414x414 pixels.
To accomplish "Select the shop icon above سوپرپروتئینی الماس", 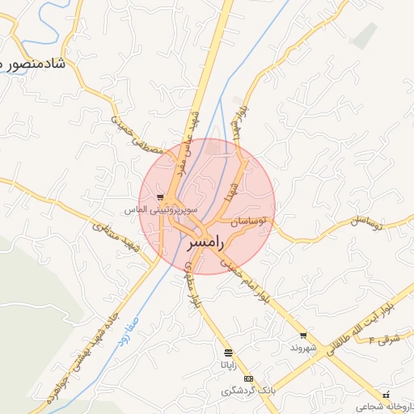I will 161,196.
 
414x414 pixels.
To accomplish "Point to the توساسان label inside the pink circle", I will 253,220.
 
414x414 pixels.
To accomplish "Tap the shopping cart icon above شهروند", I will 303,335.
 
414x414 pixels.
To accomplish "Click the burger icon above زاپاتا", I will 228,353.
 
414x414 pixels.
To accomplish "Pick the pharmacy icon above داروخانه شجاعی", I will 384,395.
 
